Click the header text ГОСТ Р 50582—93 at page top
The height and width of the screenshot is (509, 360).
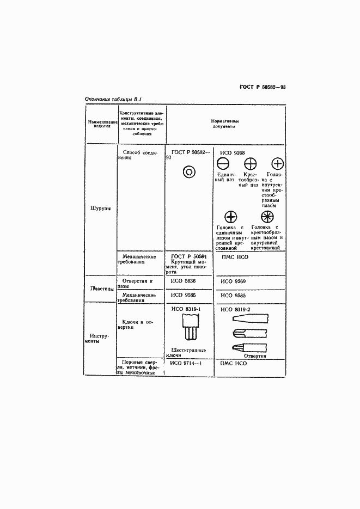[263, 87]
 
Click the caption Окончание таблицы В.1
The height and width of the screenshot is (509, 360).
[114, 99]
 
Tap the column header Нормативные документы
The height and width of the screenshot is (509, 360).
[225, 124]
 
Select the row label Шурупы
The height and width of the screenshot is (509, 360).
[100, 207]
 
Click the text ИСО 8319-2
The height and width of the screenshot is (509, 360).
[235, 309]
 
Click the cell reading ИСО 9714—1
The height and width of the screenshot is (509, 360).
[186, 363]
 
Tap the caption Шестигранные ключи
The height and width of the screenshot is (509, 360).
[188, 353]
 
